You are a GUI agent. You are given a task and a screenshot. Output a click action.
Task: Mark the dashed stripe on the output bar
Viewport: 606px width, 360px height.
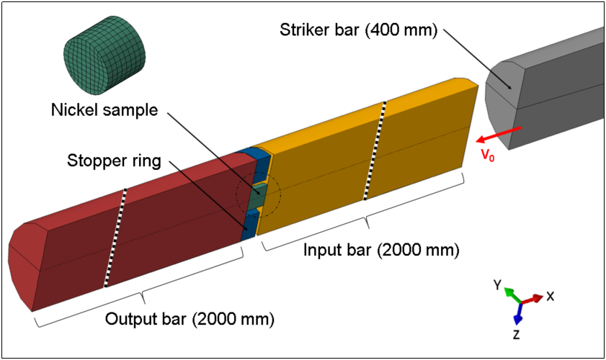(116, 238)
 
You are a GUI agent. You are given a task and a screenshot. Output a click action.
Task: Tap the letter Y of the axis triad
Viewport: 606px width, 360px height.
(497, 286)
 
